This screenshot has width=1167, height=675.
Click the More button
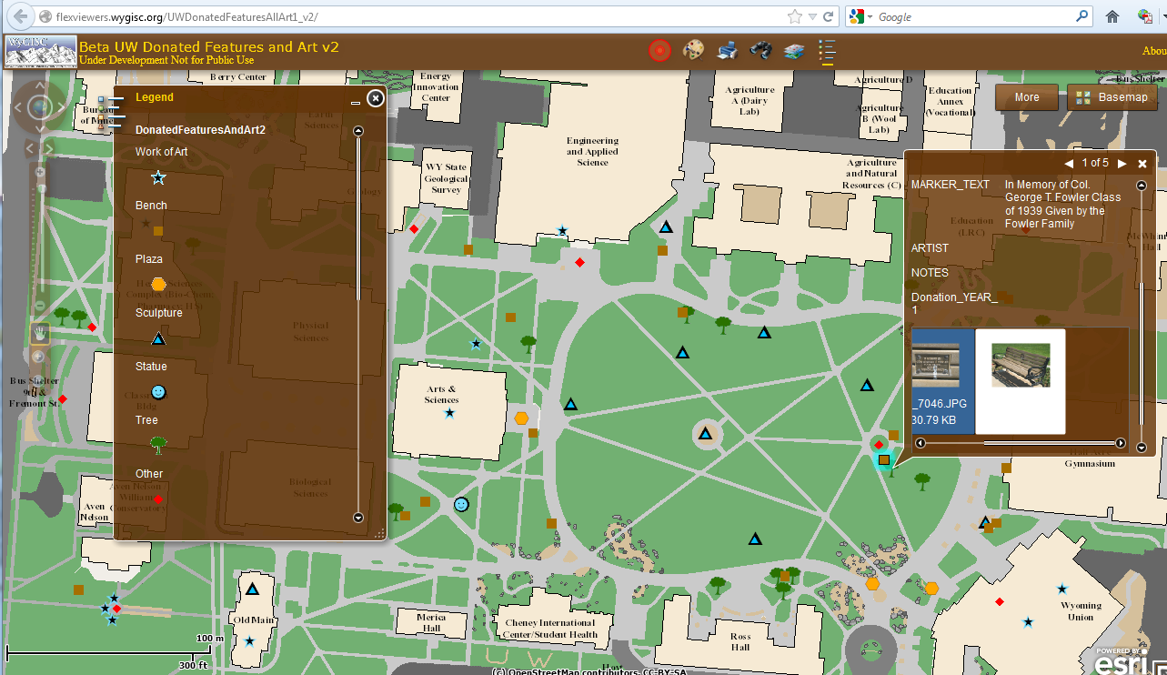pyautogui.click(x=1027, y=97)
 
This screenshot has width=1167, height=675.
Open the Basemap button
pyautogui.click(x=1112, y=97)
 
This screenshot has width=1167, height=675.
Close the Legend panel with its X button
pyautogui.click(x=376, y=97)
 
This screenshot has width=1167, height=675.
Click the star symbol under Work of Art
pyautogui.click(x=158, y=177)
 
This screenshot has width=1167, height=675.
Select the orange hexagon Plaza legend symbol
pyautogui.click(x=158, y=284)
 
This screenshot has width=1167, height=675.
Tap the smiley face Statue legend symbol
pyautogui.click(x=158, y=392)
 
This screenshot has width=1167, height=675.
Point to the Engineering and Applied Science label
pyautogui.click(x=592, y=151)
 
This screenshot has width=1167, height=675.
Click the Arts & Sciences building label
pyautogui.click(x=441, y=394)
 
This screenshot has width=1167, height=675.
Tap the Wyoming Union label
pyautogui.click(x=1081, y=611)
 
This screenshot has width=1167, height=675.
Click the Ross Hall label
pyautogui.click(x=740, y=641)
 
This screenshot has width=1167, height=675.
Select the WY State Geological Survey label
pyautogui.click(x=446, y=178)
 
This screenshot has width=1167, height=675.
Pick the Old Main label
pyautogui.click(x=253, y=620)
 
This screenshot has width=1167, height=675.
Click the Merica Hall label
pyautogui.click(x=431, y=622)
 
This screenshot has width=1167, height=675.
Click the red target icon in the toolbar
pyautogui.click(x=659, y=50)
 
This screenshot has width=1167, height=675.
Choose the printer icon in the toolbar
pyautogui.click(x=727, y=50)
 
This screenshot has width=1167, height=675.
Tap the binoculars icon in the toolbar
pyautogui.click(x=760, y=50)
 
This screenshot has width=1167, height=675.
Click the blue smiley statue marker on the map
pyautogui.click(x=461, y=504)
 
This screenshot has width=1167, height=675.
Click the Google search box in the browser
pyautogui.click(x=973, y=16)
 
